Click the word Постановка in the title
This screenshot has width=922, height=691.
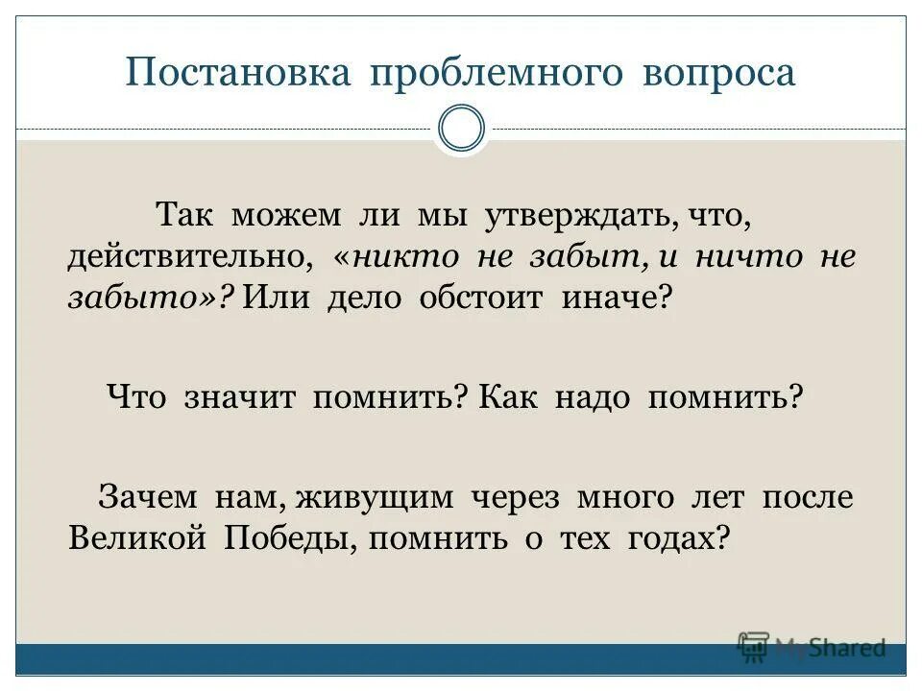tap(237, 74)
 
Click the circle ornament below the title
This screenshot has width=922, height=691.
tap(461, 129)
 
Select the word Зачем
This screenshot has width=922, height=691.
tap(147, 497)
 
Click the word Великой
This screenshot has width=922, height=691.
tap(137, 538)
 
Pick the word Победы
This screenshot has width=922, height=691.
tap(291, 539)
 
